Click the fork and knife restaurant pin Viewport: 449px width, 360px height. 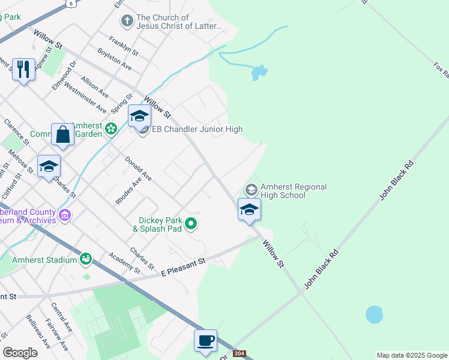pos(23,70)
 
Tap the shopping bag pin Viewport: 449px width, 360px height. pos(63,135)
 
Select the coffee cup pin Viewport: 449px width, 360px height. pos(205,341)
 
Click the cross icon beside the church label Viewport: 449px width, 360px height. pos(127,22)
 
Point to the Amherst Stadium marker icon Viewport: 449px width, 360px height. pos(86,259)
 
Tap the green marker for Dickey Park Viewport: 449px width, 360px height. pos(191,224)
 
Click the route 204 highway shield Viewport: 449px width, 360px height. pos(240,354)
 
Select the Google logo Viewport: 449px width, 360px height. pos(20,353)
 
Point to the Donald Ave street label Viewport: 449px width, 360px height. pos(138,169)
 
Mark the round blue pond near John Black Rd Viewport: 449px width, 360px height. pos(374,314)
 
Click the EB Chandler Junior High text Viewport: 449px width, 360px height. pos(197,129)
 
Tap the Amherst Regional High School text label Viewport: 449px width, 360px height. pos(294,191)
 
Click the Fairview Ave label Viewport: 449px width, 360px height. pos(61,337)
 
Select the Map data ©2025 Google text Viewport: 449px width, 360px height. pos(412,355)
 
